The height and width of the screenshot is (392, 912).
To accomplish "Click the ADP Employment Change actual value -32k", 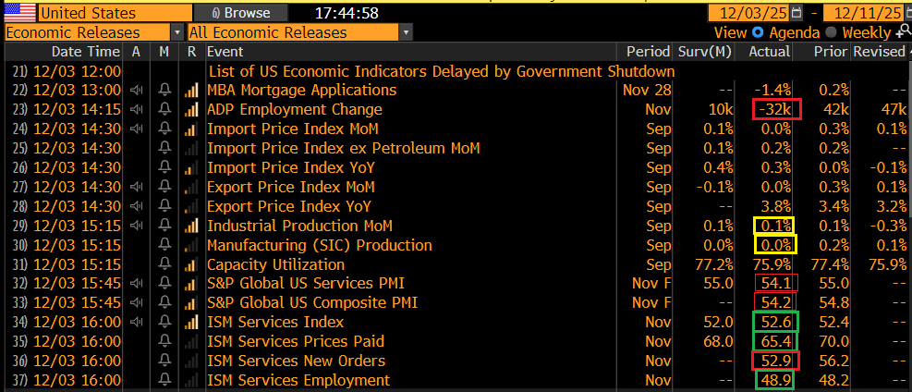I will (x=773, y=109).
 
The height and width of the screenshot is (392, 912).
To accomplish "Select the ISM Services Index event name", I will (x=275, y=322).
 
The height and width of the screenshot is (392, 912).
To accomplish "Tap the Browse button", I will (x=241, y=13).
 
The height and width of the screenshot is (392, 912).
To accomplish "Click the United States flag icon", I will (x=20, y=13).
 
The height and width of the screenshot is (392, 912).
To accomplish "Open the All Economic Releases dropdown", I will (x=299, y=32).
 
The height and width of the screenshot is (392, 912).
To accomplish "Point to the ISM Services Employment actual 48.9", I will (x=775, y=380).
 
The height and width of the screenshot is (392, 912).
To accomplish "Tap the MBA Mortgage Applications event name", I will (x=301, y=90).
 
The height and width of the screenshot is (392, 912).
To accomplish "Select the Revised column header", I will (x=879, y=51).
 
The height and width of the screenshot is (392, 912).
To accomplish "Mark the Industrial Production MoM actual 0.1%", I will (x=774, y=226).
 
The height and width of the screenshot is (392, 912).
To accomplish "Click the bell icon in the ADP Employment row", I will (x=165, y=109).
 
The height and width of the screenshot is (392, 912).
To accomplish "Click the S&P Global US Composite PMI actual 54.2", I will (x=775, y=302).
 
